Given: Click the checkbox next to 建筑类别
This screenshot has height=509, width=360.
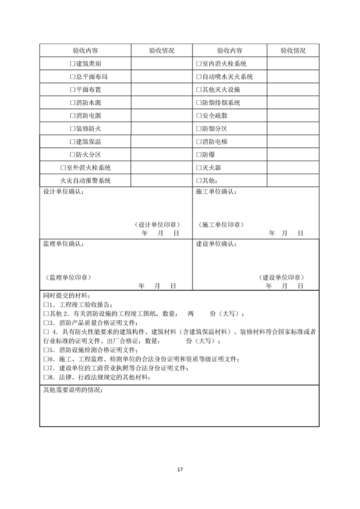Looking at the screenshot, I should (73, 64).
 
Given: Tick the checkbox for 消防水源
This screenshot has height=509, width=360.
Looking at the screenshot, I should (73, 103).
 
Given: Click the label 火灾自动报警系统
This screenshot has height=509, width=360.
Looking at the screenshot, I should (85, 181).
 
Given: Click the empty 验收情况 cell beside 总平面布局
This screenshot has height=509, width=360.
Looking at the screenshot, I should (162, 77).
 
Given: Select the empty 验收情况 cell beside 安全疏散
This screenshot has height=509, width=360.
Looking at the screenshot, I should (292, 116).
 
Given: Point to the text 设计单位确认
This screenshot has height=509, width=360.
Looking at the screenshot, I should (63, 192).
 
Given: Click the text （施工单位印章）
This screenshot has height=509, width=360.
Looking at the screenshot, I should (220, 225).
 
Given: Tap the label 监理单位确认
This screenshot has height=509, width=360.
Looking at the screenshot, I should (63, 244).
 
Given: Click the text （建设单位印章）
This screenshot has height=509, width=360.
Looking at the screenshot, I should (281, 277).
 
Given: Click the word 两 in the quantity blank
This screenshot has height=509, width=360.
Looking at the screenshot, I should (191, 314).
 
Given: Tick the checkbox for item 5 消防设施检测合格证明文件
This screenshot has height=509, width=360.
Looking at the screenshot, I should (46, 350).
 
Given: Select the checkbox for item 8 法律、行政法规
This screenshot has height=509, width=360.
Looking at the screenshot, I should (46, 377).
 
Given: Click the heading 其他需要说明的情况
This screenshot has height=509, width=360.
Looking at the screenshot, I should (73, 390).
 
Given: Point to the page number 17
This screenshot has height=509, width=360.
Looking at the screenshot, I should (180, 469).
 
